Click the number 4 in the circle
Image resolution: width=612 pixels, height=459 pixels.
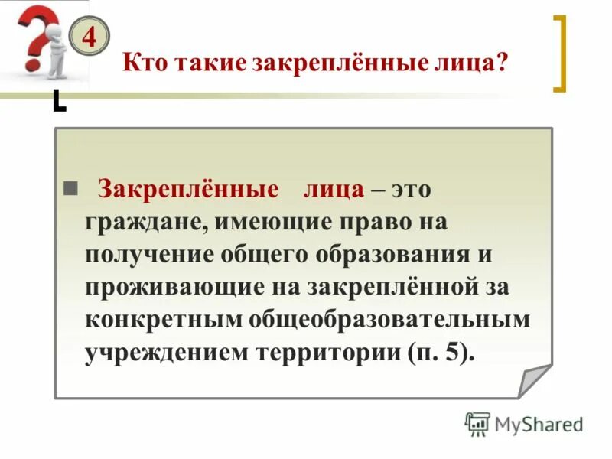(x=89, y=37)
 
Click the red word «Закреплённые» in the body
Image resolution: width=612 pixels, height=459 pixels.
(x=187, y=190)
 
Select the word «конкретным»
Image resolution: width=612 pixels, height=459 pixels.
(x=161, y=319)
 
